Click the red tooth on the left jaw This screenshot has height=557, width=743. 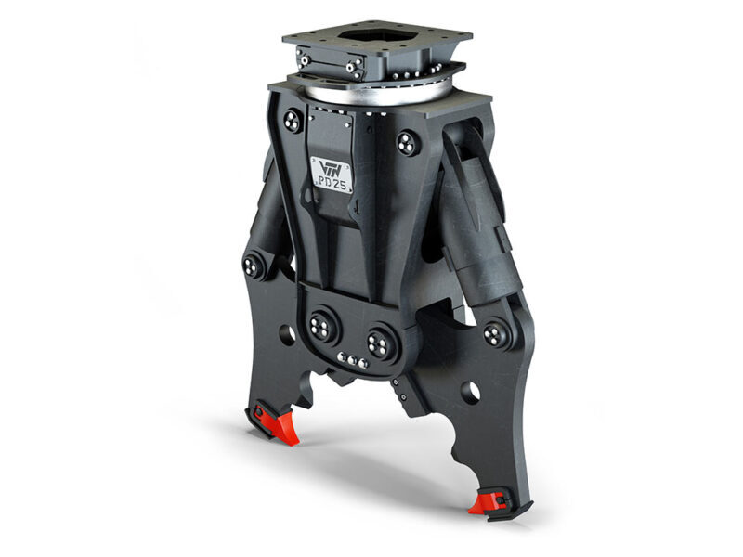(x=276, y=426)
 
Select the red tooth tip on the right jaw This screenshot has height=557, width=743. (x=486, y=502)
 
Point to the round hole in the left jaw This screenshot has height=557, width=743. (x=287, y=332)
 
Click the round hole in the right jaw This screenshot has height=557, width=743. (x=470, y=392)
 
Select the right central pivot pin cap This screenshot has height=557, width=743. (x=380, y=343)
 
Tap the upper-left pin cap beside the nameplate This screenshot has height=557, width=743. (x=292, y=121)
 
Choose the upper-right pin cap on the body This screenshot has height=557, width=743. (x=407, y=142)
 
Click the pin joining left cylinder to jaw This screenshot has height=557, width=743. (x=254, y=266)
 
